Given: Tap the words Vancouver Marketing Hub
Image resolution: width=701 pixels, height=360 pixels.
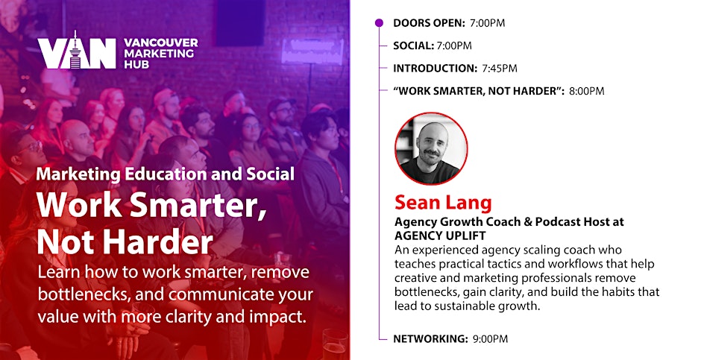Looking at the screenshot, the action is [x=160, y=53].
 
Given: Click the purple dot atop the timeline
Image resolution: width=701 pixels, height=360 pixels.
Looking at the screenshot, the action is [x=379, y=23].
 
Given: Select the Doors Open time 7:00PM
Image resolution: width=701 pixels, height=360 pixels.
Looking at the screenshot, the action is [x=487, y=23].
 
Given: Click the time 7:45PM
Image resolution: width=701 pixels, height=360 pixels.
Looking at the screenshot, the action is [x=500, y=69].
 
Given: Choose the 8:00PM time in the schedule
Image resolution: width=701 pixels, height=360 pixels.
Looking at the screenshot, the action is [x=587, y=91].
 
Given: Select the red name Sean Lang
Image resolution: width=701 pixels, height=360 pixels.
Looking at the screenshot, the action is [x=443, y=203].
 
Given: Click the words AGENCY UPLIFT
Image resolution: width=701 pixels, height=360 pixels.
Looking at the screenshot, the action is [x=440, y=236].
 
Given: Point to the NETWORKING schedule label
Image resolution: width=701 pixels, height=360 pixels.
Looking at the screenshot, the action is [x=430, y=339].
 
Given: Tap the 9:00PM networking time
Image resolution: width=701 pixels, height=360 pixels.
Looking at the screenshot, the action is [x=490, y=339].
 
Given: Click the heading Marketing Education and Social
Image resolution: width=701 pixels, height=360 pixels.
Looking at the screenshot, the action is [x=166, y=174].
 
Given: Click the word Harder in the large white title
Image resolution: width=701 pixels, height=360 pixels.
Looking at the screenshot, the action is [x=163, y=243].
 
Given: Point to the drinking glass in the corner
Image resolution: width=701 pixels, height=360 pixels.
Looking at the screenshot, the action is [x=336, y=344].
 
